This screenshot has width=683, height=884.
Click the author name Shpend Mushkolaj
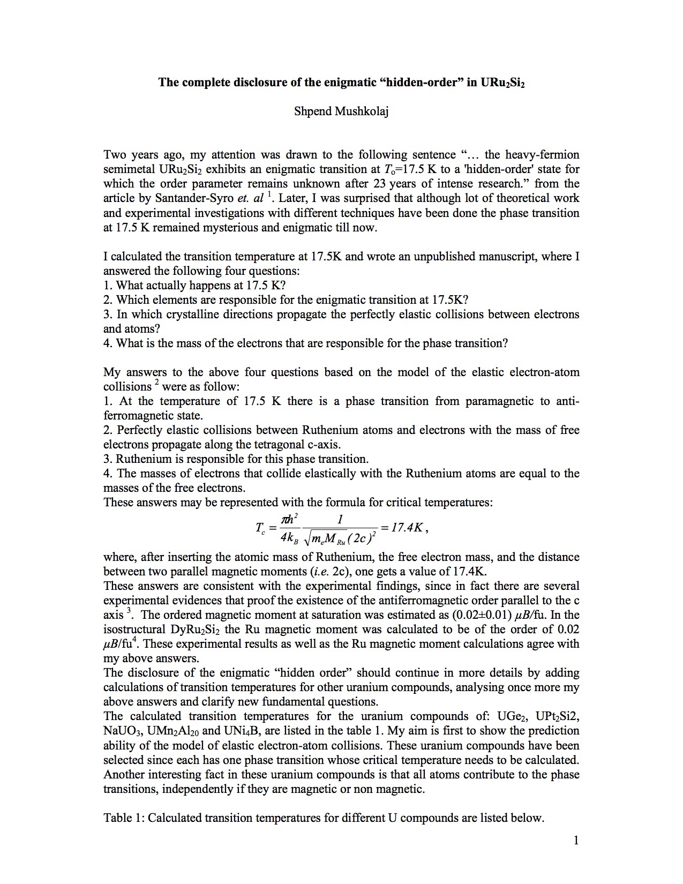341,111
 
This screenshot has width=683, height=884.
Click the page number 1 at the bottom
576,840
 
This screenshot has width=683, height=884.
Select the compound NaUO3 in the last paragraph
122,731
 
